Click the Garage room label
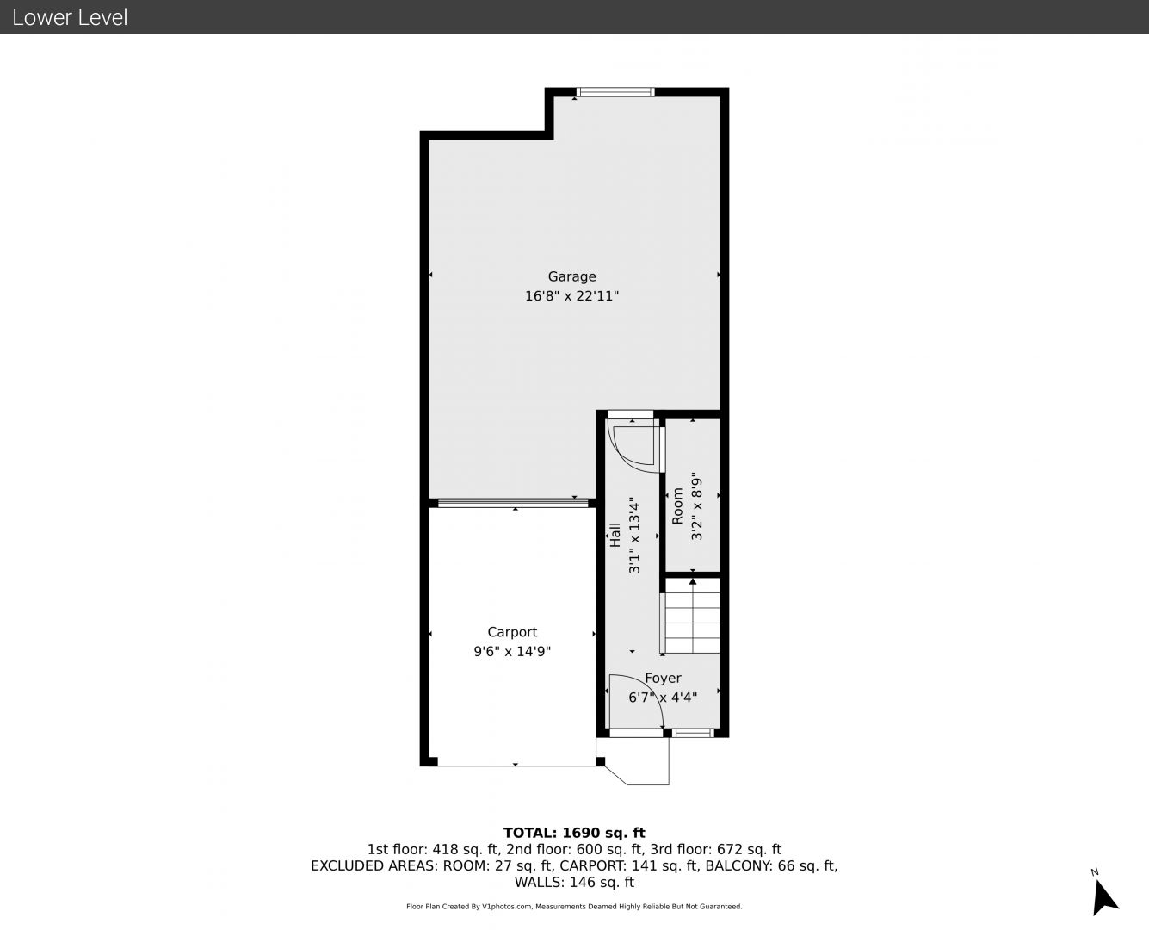click(x=571, y=277)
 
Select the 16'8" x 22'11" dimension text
click(x=571, y=295)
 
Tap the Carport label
click(x=512, y=632)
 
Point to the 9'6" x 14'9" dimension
click(x=512, y=652)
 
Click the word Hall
click(x=615, y=535)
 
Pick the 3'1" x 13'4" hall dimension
click(x=634, y=535)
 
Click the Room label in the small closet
click(x=677, y=505)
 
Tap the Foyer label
click(x=663, y=678)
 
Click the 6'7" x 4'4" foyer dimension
click(x=663, y=697)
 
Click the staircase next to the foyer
click(x=693, y=616)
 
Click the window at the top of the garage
click(x=615, y=92)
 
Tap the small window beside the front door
click(x=694, y=733)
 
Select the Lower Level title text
click(x=70, y=17)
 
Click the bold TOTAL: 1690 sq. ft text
click(x=574, y=833)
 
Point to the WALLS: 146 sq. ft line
click(x=574, y=883)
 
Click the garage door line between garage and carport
click(x=513, y=503)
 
